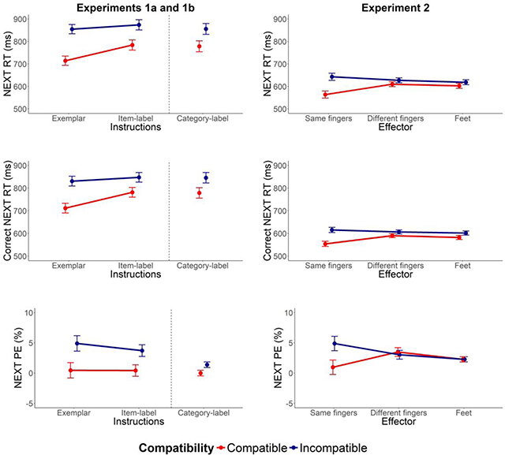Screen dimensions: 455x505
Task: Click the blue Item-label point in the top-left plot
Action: (139, 24)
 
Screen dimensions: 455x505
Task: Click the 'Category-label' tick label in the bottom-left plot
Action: (204, 412)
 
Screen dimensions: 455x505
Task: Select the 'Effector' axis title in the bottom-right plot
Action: (395, 422)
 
